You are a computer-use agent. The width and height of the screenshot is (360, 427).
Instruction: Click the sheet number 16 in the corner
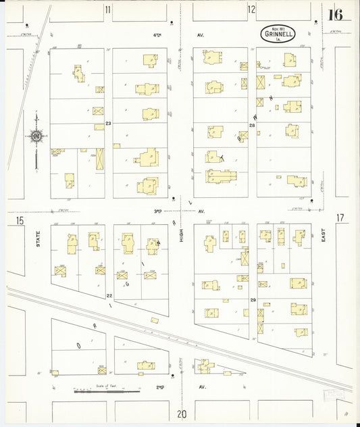(336, 14)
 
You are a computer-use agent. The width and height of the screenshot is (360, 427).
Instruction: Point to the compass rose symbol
(36, 136)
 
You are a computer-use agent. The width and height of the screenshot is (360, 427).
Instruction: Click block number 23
(108, 123)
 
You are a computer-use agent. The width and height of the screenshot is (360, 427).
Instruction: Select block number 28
(252, 126)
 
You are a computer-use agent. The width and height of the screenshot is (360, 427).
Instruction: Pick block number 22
(109, 295)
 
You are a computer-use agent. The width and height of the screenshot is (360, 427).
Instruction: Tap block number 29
(253, 299)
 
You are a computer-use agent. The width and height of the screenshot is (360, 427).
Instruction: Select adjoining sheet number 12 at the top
(251, 9)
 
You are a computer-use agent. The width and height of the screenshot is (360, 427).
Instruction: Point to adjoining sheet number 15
(20, 221)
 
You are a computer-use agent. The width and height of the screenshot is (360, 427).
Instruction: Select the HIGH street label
(181, 234)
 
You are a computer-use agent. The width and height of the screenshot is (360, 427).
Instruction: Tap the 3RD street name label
(159, 211)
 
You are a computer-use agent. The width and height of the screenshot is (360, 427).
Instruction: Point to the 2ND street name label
(160, 387)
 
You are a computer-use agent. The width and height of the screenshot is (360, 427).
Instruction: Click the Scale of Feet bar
(106, 391)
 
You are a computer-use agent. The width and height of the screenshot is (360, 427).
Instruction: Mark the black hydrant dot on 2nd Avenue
(173, 376)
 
